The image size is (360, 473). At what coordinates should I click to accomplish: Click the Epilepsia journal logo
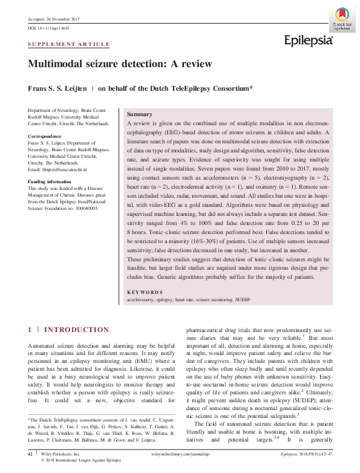[x=309, y=41]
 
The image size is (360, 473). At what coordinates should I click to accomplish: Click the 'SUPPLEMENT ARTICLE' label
[x=69, y=44]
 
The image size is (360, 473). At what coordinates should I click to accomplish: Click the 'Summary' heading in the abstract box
[x=139, y=114]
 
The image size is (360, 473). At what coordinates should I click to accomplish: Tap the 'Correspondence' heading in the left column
[x=45, y=137]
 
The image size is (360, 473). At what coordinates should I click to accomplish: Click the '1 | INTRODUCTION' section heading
[x=68, y=330]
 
